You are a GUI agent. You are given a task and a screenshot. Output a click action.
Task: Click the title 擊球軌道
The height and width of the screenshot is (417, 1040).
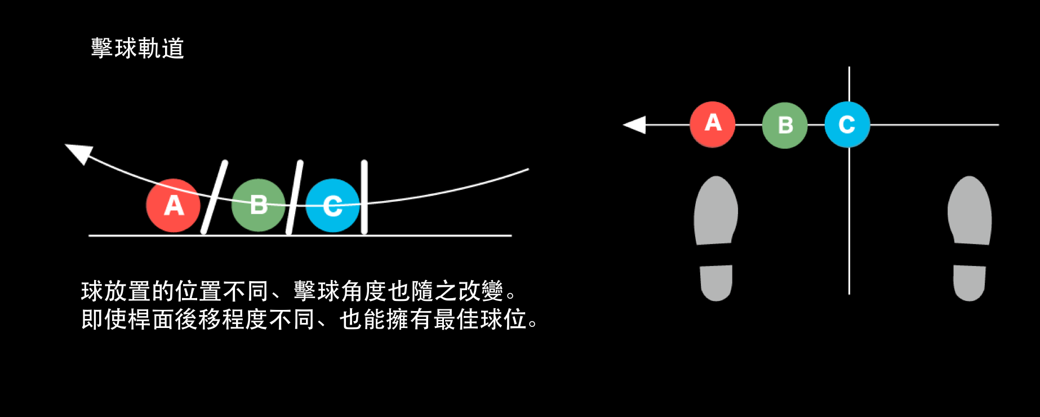[137, 48]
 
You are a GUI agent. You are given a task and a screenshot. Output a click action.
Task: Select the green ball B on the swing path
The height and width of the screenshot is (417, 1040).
[259, 206]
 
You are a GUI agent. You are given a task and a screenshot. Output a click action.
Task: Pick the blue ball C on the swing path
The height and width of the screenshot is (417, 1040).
[332, 206]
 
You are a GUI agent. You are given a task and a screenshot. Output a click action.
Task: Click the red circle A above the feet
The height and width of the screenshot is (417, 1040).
[713, 125]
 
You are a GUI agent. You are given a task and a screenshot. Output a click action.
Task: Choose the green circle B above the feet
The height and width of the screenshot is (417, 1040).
[785, 125]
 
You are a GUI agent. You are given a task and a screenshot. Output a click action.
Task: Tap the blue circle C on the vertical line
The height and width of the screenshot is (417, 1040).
[847, 125]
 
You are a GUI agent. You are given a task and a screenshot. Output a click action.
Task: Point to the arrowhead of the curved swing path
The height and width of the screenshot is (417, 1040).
[79, 153]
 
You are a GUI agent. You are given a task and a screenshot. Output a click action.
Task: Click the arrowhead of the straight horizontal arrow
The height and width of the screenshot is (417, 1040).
[635, 125]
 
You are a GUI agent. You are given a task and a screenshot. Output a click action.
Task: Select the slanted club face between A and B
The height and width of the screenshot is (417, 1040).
[215, 197]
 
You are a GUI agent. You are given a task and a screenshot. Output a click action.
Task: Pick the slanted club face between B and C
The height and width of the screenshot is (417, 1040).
[294, 197]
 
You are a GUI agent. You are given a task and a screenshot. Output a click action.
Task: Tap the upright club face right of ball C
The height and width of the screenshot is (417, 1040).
[364, 197]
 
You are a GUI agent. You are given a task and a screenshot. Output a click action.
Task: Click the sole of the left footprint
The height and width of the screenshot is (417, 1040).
[716, 211]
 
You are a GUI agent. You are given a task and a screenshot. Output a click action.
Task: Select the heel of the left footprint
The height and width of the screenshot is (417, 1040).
[716, 283]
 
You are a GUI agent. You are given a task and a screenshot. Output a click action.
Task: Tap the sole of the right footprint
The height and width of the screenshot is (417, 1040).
[970, 211]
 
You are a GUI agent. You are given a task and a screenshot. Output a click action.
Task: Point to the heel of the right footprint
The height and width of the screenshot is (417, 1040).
[969, 283]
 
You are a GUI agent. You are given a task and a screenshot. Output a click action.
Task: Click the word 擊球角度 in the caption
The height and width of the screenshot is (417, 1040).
[341, 291]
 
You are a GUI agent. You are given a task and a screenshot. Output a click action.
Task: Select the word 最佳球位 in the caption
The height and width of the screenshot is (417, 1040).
[480, 320]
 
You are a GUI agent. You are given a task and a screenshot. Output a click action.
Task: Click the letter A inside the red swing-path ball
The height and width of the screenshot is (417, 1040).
[174, 206]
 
